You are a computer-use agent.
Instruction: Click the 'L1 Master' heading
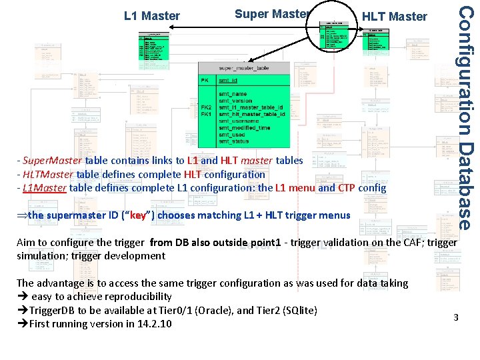pyautogui.click(x=152, y=15)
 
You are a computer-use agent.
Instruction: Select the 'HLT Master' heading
pyautogui.click(x=394, y=16)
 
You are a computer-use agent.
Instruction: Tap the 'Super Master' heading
pyautogui.click(x=271, y=13)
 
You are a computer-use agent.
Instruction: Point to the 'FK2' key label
pyautogui.click(x=207, y=107)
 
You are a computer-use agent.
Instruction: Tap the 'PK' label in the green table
pyautogui.click(x=207, y=81)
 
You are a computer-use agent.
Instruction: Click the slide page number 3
pyautogui.click(x=456, y=317)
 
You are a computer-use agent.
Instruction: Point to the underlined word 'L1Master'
pyautogui.click(x=44, y=188)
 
